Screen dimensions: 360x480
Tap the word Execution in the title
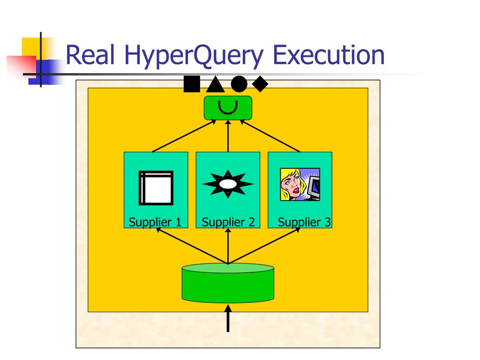329,55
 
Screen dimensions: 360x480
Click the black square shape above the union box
191,84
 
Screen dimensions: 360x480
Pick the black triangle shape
215,84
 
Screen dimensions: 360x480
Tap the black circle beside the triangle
239,84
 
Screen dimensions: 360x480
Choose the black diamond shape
260,84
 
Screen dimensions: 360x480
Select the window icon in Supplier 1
156,188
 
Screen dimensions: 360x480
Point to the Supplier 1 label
155,222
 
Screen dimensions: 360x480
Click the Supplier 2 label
228,222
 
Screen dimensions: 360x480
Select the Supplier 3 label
304,222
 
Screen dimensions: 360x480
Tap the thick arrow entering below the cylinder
228,319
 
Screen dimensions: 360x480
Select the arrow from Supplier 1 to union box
184,136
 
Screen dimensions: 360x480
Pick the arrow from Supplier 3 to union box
270,136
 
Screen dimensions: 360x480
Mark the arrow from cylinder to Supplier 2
228,246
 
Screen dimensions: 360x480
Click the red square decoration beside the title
21,66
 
